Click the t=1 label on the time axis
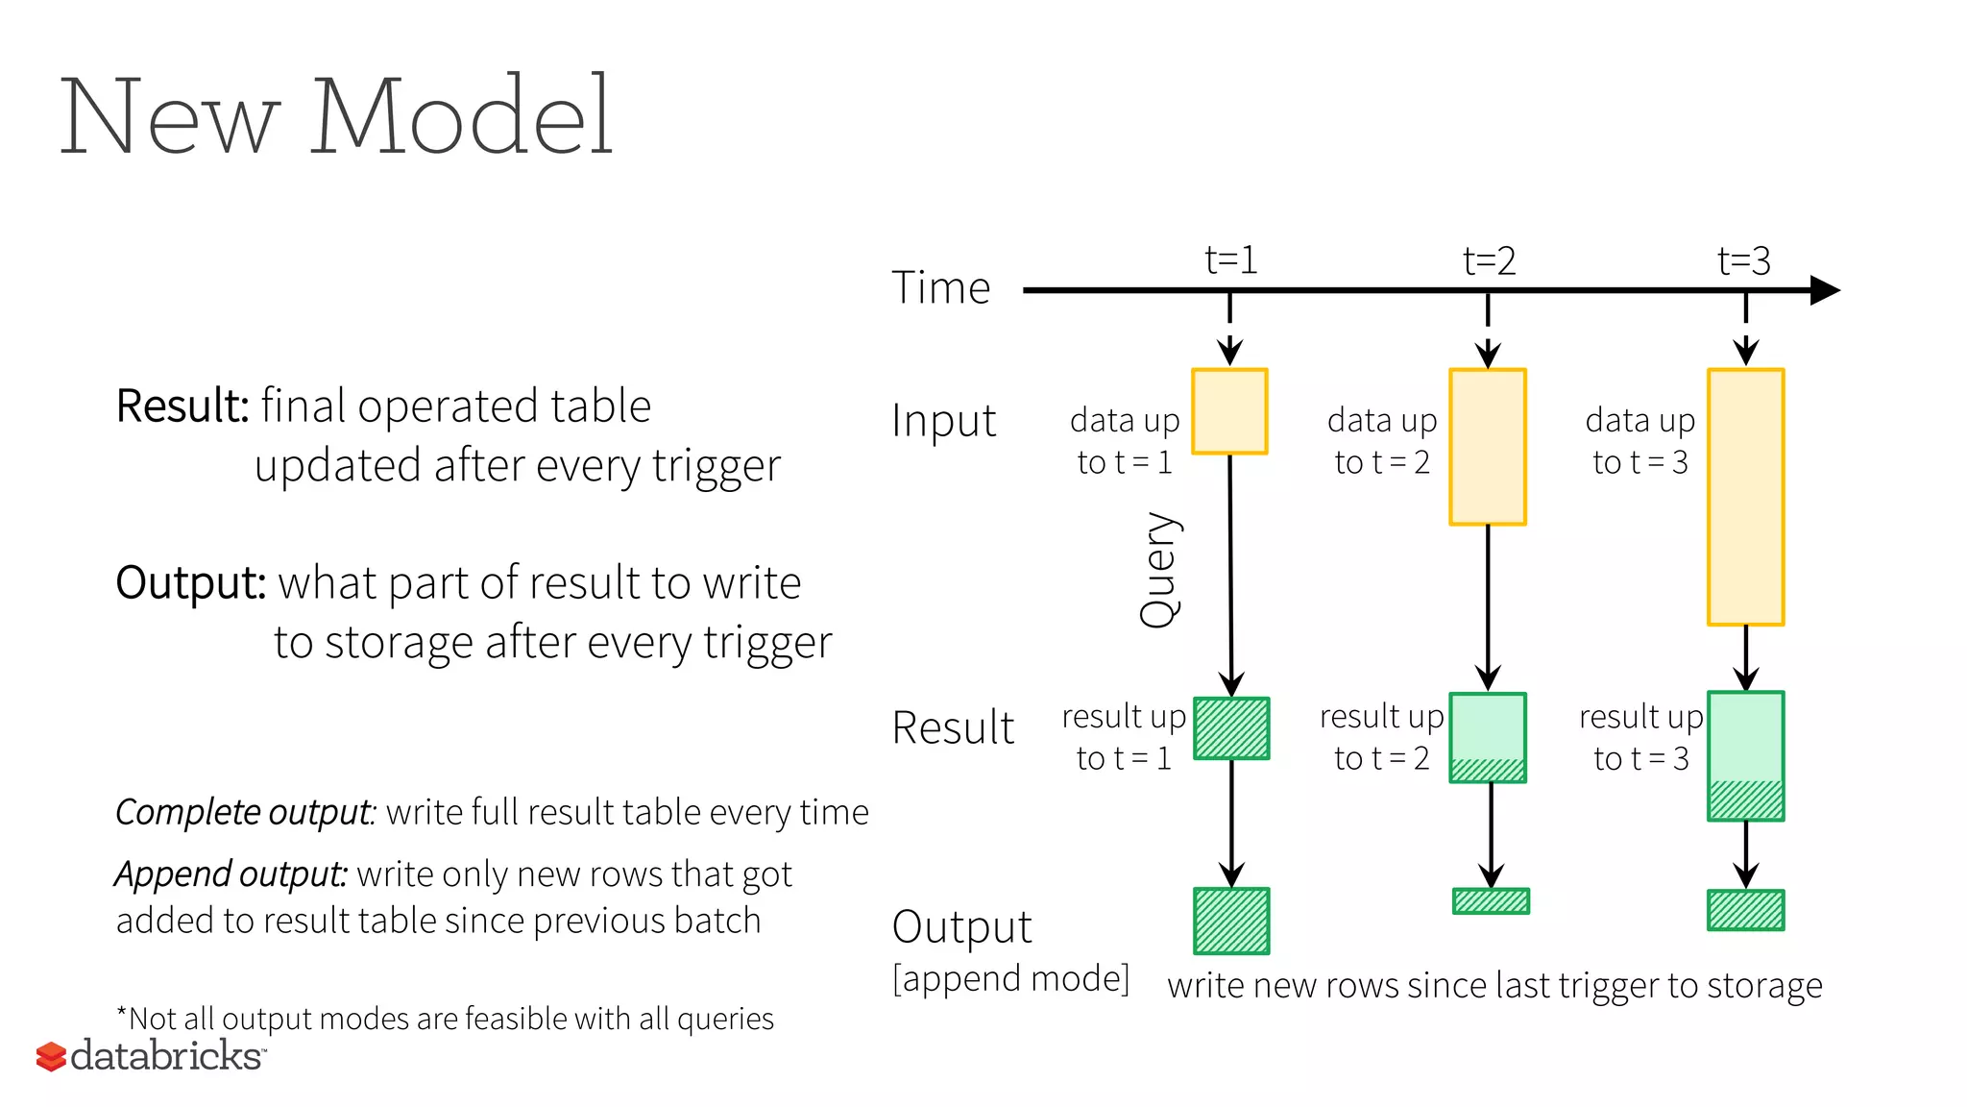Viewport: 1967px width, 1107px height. (1230, 260)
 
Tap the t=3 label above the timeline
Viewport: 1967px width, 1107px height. (1743, 261)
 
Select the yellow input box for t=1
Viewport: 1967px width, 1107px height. (1229, 411)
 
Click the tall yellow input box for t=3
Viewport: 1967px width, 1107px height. (1745, 497)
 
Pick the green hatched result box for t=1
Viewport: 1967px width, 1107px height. (1231, 728)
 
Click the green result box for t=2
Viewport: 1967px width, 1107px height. (1488, 737)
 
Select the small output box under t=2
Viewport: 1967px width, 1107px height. (1491, 900)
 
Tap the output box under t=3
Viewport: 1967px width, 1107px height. (1745, 910)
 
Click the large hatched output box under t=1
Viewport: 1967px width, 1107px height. (1231, 921)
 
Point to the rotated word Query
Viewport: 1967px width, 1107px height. (1159, 570)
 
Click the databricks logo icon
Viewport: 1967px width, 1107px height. (51, 1056)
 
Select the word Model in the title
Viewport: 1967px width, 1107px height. (460, 117)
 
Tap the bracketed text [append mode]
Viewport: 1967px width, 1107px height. (1010, 979)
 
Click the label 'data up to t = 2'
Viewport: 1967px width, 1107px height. (1382, 441)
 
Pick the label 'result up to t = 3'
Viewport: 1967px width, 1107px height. (1640, 737)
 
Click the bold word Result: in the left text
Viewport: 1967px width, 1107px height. (182, 406)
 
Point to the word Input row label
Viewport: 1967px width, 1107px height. (943, 421)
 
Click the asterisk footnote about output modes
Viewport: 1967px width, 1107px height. (445, 1018)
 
